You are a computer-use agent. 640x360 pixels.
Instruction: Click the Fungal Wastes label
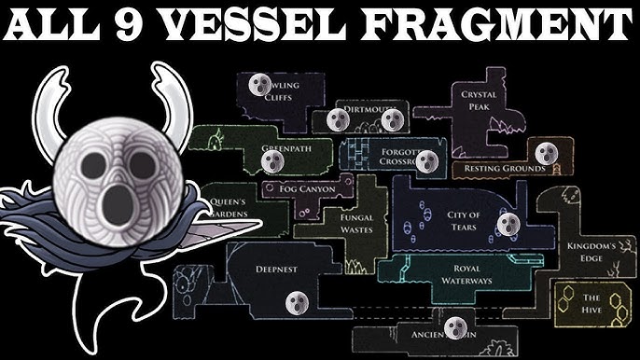(356, 224)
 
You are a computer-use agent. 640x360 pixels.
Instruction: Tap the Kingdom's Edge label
(590, 253)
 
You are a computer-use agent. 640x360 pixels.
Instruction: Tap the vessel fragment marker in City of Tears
(508, 224)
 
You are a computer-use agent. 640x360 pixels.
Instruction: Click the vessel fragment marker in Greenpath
(270, 162)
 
